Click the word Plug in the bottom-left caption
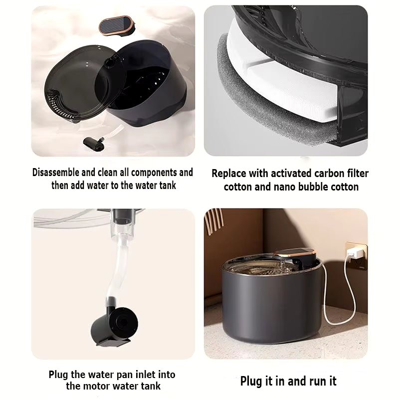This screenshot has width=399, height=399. point(59,374)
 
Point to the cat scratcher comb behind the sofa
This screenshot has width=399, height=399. point(215,224)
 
